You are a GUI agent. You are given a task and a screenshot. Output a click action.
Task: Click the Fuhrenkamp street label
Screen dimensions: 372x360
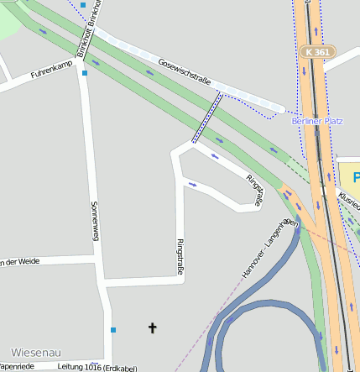coord(52,71)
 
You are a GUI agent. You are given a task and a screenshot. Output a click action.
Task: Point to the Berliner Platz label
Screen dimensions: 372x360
coord(317,121)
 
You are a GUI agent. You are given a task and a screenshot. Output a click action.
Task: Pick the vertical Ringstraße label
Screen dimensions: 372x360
coord(180,256)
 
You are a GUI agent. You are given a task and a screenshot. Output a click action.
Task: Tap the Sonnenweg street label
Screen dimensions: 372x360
coord(96,222)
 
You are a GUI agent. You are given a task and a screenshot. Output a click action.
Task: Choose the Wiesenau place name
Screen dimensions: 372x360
coord(36,353)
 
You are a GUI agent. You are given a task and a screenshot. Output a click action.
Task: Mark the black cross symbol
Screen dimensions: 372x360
coord(153,327)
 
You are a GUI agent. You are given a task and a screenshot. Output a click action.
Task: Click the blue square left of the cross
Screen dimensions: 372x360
coord(113,329)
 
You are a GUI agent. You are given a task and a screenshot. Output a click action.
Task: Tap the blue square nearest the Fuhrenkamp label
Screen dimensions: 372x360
coord(85,73)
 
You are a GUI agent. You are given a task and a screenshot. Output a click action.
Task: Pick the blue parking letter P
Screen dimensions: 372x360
coord(356,178)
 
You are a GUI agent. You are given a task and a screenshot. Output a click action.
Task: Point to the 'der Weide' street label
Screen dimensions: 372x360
coord(21,261)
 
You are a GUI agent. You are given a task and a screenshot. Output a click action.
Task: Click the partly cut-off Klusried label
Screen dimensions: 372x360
coord(349,199)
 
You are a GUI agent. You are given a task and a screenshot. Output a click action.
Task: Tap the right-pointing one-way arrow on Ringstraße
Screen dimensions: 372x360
coord(192,184)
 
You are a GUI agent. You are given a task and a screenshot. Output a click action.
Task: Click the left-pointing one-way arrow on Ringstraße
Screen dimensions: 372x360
coord(215,156)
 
